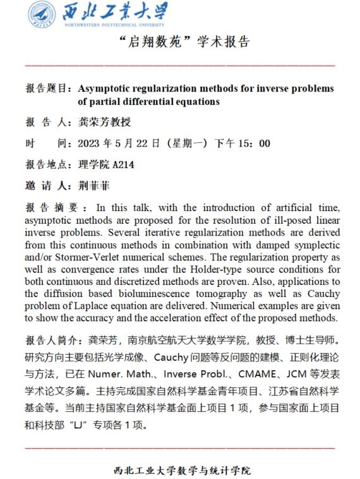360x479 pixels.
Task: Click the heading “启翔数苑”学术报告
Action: coord(179,44)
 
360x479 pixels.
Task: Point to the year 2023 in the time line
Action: coord(89,143)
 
